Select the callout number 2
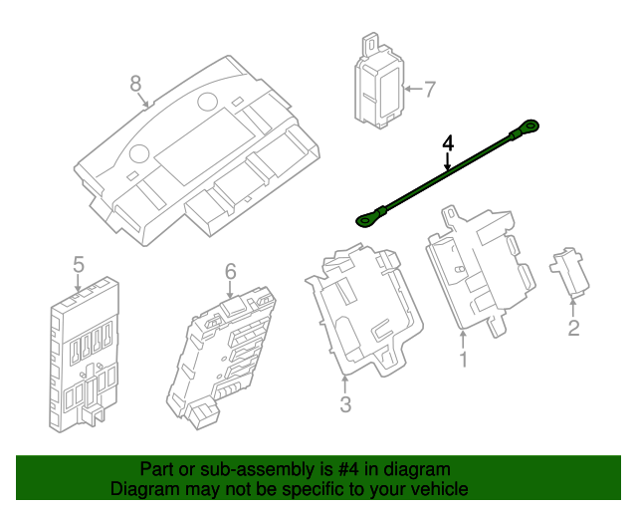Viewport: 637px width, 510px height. click(x=573, y=328)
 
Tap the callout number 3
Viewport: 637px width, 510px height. click(x=345, y=404)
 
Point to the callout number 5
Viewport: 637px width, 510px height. click(x=79, y=264)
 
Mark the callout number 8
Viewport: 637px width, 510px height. click(x=136, y=85)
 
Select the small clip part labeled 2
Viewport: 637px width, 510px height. click(x=567, y=272)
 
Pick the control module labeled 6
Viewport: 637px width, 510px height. click(x=225, y=355)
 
